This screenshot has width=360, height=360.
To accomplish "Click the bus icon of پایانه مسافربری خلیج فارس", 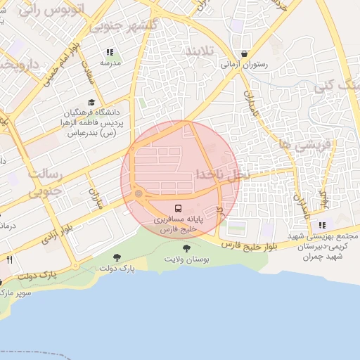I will click(178, 209).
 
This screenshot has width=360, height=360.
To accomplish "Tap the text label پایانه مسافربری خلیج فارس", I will click(178, 224).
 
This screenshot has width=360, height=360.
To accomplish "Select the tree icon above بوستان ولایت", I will click(186, 248).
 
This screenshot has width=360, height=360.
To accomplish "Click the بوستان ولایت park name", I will click(188, 259).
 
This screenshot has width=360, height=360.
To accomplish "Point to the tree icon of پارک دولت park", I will click(117, 258).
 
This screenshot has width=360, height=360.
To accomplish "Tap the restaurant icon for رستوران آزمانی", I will click(244, 53).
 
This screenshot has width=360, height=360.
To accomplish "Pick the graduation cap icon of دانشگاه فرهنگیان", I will click(91, 103).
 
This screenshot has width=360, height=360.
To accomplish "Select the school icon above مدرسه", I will click(110, 52).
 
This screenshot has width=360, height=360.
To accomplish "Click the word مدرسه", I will click(110, 63).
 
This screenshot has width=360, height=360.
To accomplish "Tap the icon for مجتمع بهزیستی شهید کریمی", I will click(322, 226).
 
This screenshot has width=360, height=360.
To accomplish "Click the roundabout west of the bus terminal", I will click(139, 193).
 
